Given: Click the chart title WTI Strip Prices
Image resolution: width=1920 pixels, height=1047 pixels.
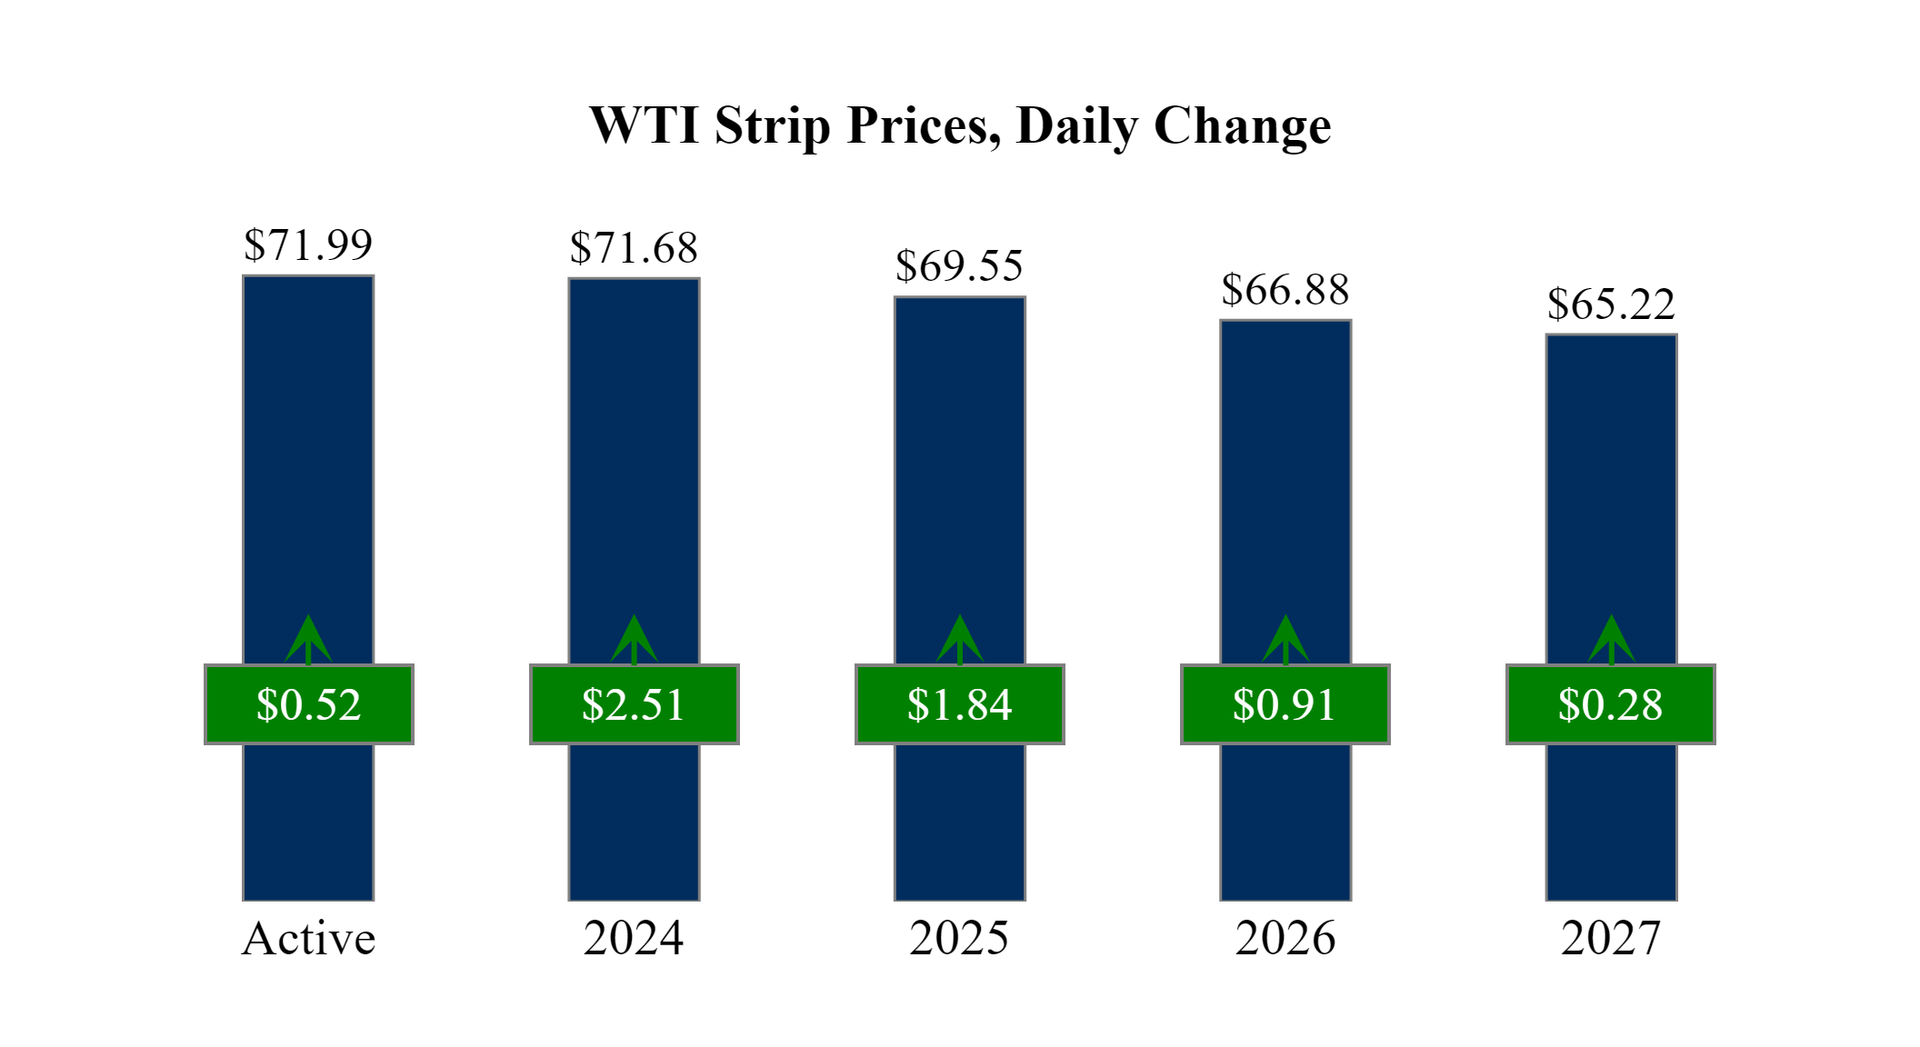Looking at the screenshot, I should tap(960, 125).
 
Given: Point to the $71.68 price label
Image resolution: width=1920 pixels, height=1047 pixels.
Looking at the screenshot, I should tap(634, 248).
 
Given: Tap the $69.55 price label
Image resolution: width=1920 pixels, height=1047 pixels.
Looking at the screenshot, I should tap(959, 266).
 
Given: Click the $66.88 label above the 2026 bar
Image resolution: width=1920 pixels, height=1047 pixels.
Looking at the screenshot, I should tap(1285, 291).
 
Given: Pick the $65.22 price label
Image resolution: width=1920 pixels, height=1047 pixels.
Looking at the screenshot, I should tap(1611, 304).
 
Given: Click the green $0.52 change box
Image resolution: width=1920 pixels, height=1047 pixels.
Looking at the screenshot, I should tap(308, 704).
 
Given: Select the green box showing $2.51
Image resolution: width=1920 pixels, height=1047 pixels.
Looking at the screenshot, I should tap(634, 704).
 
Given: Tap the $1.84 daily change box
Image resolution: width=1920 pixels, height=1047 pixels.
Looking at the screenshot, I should tap(959, 704).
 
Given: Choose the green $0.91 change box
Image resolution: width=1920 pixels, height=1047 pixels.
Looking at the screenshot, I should tap(1285, 704).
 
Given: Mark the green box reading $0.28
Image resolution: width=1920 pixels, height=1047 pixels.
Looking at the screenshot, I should tap(1610, 704).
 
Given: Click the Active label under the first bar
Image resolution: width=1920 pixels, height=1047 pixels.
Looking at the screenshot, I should tap(308, 939).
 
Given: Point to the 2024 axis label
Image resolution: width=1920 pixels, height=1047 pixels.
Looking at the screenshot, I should tap(634, 939).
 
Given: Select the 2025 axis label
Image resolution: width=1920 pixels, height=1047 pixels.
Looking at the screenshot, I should tap(959, 939).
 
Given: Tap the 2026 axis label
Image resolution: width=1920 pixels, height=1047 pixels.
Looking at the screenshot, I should tap(1285, 939).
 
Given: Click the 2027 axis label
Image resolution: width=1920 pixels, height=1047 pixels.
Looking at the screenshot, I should tap(1611, 939).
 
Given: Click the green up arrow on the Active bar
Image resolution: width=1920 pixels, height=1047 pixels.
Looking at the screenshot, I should tap(308, 640).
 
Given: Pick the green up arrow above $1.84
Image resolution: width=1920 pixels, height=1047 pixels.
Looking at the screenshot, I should tap(959, 640).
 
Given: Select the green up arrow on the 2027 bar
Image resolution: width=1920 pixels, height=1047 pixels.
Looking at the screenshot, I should tap(1611, 640).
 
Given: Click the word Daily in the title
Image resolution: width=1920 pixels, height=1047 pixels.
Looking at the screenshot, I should tap(1076, 125).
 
